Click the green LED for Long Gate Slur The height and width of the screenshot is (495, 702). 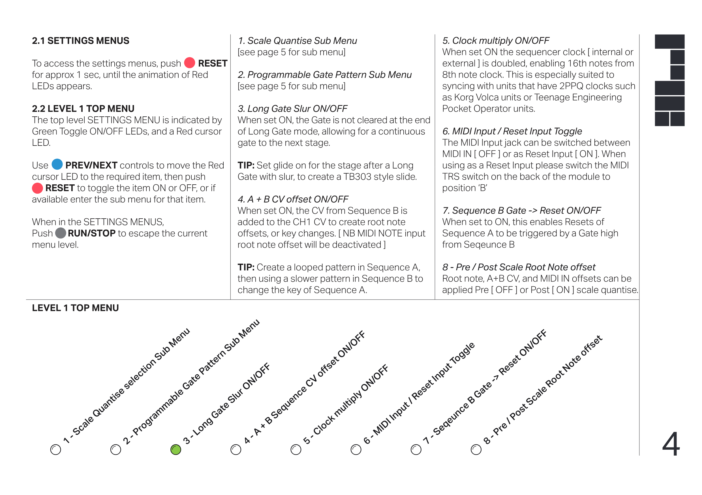[175, 449]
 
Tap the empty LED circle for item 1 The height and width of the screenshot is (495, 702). [55, 449]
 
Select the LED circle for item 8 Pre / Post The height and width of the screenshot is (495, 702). [476, 449]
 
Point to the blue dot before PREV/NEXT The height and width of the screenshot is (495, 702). [57, 164]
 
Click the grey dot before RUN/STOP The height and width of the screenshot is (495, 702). [61, 233]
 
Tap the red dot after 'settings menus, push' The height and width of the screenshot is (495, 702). [190, 63]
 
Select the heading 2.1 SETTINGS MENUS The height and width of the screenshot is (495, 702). [81, 41]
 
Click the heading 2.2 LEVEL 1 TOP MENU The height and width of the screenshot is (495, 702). [83, 109]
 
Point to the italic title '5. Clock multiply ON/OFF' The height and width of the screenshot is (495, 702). [496, 41]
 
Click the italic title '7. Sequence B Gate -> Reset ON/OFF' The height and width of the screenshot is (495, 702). [522, 210]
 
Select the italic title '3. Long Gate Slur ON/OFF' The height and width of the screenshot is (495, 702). [293, 109]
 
